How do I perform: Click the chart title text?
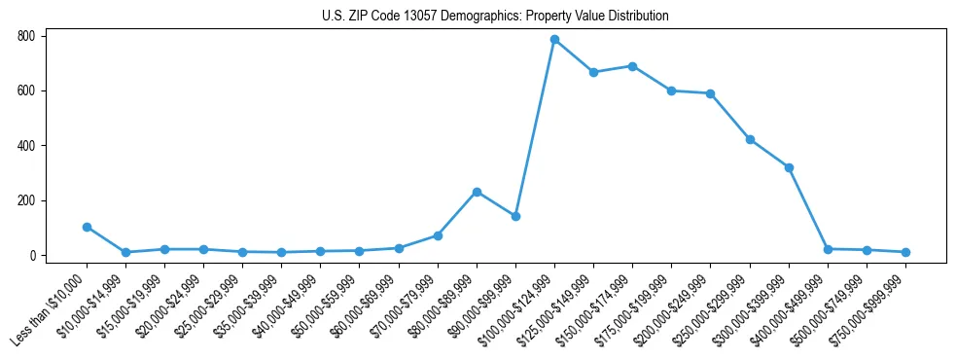495,17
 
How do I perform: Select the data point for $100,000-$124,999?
554,40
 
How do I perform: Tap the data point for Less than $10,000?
87,227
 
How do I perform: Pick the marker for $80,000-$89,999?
477,192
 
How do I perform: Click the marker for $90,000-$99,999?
515,216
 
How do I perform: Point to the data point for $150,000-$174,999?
632,66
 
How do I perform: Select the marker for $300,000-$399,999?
789,167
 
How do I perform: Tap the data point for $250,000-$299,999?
750,139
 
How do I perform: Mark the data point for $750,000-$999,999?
905,252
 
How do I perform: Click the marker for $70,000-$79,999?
438,235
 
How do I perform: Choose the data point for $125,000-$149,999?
593,72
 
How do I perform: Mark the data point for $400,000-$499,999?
828,249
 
